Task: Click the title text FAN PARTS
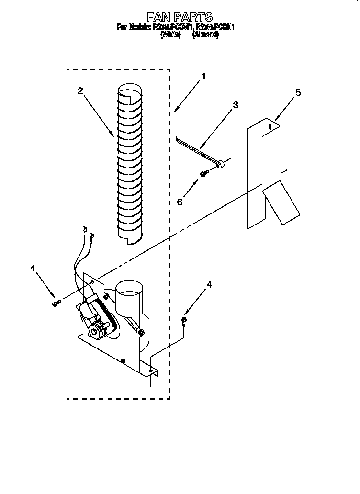179,18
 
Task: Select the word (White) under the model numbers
170,35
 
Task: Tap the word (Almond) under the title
205,35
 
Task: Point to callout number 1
203,76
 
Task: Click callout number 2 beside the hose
80,90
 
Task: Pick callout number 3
235,105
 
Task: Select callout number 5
298,92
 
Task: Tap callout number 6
180,202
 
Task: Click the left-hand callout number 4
33,269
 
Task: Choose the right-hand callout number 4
209,284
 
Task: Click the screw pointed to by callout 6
203,174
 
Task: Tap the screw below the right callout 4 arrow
184,321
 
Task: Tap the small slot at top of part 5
270,127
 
